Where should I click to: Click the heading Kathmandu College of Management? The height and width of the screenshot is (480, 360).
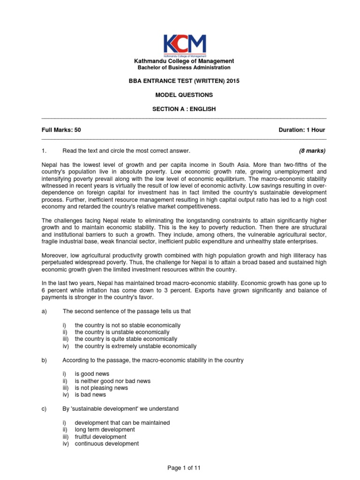coord(184,61)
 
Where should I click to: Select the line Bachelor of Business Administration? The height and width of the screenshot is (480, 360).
coord(184,68)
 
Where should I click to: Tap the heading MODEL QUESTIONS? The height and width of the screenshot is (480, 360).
coord(184,95)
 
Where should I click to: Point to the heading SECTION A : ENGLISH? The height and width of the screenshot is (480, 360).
coord(184,109)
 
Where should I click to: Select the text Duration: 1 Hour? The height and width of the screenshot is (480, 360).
coord(302,130)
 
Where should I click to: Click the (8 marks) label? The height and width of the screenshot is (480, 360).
coord(312,151)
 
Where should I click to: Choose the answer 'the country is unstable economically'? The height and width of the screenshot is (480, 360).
coord(115,332)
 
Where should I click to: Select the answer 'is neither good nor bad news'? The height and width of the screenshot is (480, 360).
coord(112,381)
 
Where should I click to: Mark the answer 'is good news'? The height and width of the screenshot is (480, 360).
coord(92,374)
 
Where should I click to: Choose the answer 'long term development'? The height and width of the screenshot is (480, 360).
coord(105,429)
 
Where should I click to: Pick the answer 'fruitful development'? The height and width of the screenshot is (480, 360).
coord(100,436)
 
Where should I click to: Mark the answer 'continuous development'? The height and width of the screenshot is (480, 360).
coord(106,443)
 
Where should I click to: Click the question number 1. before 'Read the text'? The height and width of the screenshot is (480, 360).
coord(45,151)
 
